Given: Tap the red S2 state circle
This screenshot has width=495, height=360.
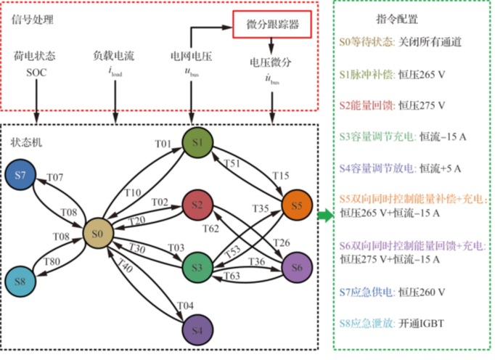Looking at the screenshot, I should click(x=197, y=206).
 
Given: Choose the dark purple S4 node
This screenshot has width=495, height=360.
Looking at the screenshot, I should click(x=197, y=330).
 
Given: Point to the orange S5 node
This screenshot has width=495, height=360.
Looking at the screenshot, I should click(x=296, y=205).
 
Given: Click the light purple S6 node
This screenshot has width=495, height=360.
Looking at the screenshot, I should click(x=296, y=267).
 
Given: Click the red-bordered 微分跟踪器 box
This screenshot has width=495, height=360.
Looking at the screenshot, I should click(x=272, y=25).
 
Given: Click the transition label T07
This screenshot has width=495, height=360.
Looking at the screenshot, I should click(x=55, y=176).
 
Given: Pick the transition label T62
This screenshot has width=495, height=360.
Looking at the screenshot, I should click(x=211, y=229).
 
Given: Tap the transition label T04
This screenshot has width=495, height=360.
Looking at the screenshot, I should click(x=186, y=305).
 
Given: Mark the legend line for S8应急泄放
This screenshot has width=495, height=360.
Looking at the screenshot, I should click(x=392, y=323).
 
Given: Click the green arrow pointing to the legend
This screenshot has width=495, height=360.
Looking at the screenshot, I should click(x=325, y=216).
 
